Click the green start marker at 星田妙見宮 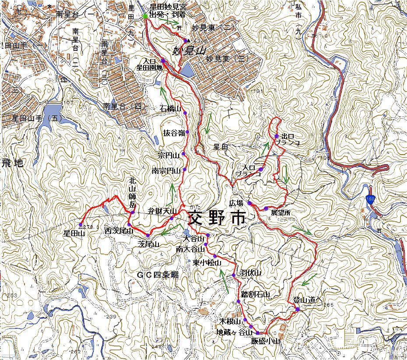click(x=145, y=16)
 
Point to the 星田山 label click(x=74, y=234)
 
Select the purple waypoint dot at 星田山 click(x=80, y=225)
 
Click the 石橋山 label click(x=171, y=108)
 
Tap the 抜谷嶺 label click(x=173, y=132)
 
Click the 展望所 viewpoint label click(x=281, y=213)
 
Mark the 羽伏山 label click(x=250, y=273)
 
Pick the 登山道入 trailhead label click(x=307, y=300)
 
